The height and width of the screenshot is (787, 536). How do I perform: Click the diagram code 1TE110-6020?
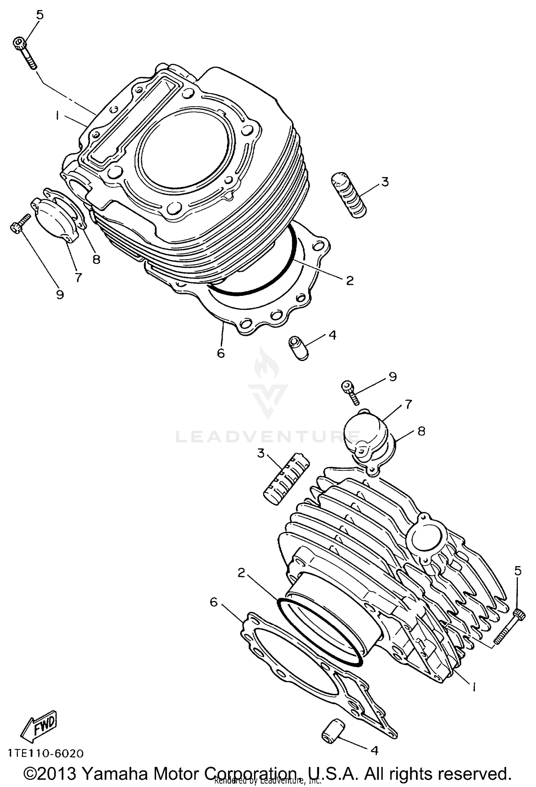46,753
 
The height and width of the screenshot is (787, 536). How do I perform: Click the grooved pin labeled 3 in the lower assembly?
286,478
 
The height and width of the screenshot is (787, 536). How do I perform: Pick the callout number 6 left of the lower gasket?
213,602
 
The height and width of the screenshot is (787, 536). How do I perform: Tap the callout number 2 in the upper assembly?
349,280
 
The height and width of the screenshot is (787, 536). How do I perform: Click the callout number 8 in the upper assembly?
96,259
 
